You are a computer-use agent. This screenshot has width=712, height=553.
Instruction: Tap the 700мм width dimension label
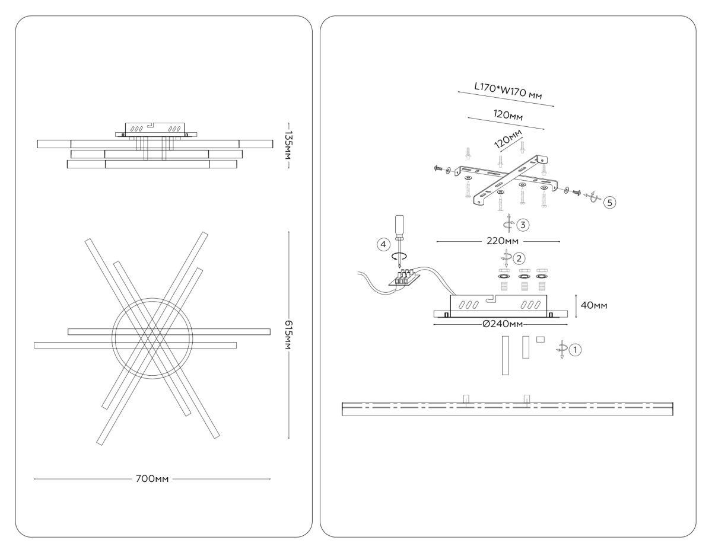(152, 478)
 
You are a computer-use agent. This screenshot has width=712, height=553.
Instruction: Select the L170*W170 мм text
(508, 91)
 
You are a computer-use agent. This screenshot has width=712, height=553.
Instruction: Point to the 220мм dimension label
(498, 241)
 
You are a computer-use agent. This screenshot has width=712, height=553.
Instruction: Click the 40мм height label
(593, 305)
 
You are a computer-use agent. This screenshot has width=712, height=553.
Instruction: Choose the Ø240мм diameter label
(502, 324)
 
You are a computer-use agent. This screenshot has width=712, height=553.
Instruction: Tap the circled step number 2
(519, 258)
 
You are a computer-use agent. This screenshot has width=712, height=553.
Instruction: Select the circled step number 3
(522, 225)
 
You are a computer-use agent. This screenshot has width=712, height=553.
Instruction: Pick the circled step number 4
(384, 243)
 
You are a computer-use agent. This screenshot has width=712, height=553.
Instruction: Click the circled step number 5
(609, 202)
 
